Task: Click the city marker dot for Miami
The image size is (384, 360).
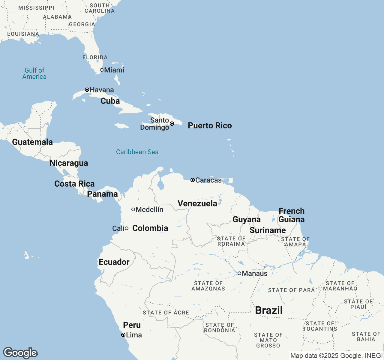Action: pos(102,70)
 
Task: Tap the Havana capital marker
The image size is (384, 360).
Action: pos(87,90)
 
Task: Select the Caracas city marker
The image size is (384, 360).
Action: pos(193,180)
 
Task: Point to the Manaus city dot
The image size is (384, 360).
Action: pos(239,273)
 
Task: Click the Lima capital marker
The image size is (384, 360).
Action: pos(123,335)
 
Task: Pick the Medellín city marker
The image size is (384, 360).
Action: pos(133,209)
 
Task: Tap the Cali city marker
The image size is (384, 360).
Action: pos(127,228)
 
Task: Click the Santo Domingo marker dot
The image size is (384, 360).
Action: pos(172,124)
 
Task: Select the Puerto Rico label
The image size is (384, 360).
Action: pos(210,125)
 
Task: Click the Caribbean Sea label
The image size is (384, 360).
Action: pos(137,152)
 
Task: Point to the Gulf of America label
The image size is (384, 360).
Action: pos(34,73)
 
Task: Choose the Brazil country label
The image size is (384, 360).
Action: pos(269,310)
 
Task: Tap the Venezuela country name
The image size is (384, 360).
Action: pos(197,203)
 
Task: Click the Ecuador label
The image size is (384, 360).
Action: pos(114,262)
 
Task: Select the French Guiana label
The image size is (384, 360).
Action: pos(292,215)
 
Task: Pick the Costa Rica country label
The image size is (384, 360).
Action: pos(74,184)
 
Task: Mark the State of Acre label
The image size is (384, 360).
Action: pos(166,313)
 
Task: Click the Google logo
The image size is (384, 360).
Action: pos(20,353)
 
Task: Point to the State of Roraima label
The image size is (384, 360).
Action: pos(231,241)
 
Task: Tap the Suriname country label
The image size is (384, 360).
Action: pos(268,230)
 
